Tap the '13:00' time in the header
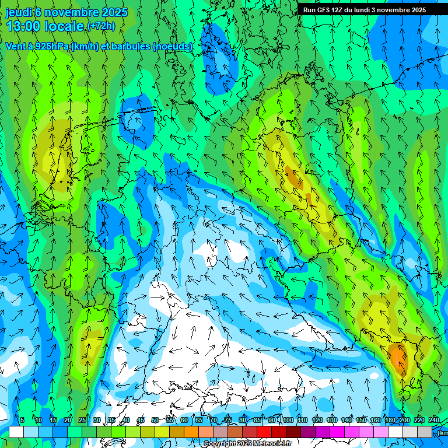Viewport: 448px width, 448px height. (x=23, y=26)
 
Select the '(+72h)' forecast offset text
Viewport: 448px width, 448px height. (x=101, y=26)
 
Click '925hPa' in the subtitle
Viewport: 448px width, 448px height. (x=52, y=47)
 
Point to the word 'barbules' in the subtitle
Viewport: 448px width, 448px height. (x=130, y=47)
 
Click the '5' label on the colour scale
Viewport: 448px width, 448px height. (x=22, y=421)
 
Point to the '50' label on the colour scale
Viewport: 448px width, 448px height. (x=155, y=421)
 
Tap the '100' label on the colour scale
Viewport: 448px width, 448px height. (x=287, y=421)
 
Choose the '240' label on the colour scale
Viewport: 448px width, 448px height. (x=434, y=421)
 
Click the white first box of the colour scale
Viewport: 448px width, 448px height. (x=16, y=432)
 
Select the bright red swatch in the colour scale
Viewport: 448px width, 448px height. (x=264, y=432)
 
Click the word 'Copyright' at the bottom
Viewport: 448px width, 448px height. (x=219, y=444)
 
